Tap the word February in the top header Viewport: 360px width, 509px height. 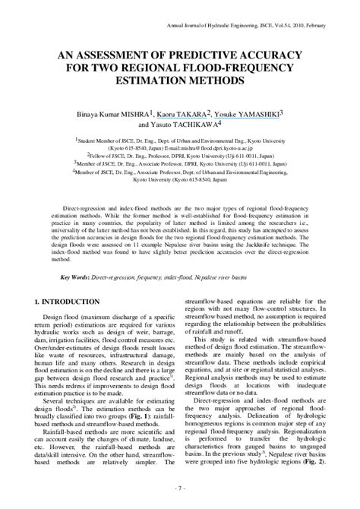(x=332, y=26)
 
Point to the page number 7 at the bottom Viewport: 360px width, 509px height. (x=180, y=487)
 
